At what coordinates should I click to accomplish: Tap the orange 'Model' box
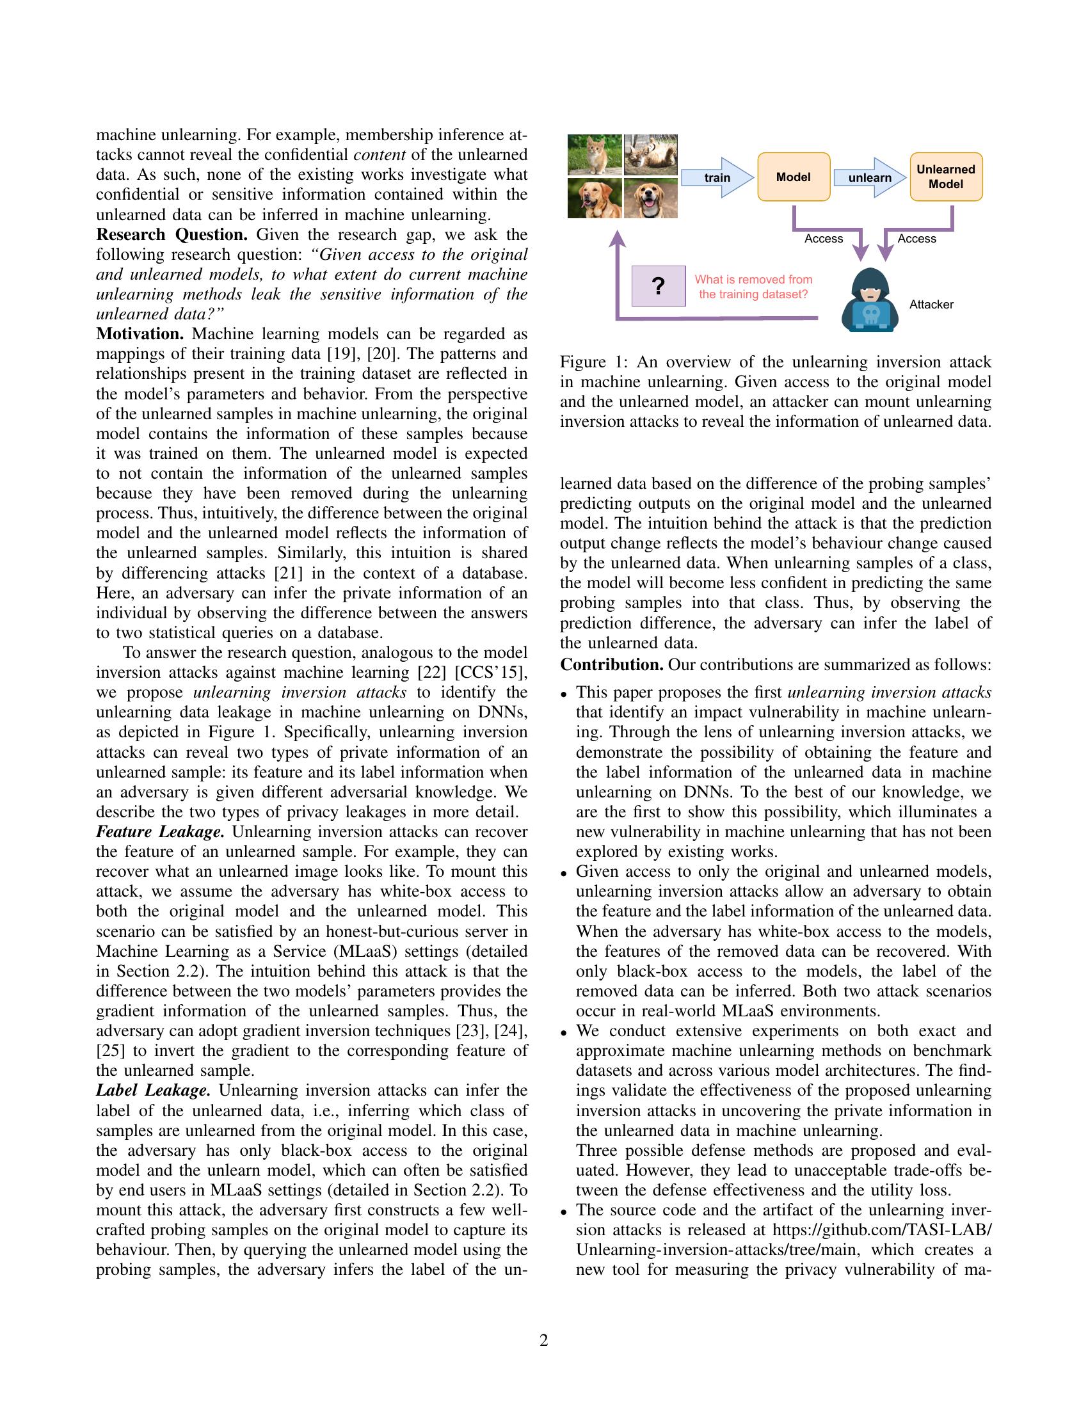coord(793,177)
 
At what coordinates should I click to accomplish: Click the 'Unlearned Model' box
coord(945,177)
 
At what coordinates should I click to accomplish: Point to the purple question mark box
coord(658,285)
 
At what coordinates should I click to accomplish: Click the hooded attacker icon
coord(870,300)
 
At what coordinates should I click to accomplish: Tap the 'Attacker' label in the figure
coord(931,304)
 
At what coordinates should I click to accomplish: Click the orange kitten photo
coord(595,155)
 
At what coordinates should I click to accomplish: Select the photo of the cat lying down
coord(651,155)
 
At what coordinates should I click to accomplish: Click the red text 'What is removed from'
coord(753,280)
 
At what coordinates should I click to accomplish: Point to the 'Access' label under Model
coord(823,239)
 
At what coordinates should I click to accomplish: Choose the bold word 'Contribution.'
coord(611,665)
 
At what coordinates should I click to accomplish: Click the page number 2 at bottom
coord(543,1341)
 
